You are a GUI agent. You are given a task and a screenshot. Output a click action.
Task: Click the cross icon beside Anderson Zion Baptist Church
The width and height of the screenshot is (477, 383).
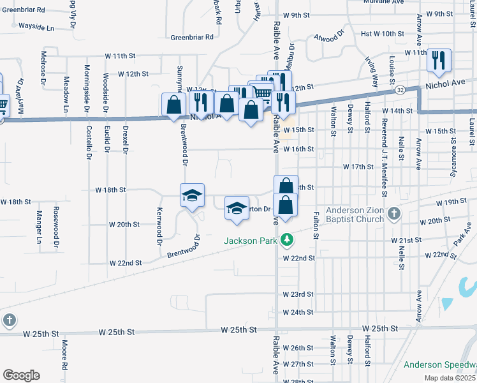[394, 214]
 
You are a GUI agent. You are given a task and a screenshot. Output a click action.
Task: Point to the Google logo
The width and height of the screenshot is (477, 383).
[21, 375]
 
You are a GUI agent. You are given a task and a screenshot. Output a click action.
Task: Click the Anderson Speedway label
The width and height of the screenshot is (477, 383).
[440, 364]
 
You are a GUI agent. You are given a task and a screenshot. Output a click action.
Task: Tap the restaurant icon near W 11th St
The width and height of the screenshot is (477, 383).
[439, 61]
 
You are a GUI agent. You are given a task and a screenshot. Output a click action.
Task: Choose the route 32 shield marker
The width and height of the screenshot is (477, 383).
[399, 91]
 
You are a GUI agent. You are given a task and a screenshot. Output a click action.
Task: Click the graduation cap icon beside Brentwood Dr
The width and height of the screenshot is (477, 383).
[191, 195]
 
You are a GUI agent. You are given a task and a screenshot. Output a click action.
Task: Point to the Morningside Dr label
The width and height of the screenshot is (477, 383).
[87, 87]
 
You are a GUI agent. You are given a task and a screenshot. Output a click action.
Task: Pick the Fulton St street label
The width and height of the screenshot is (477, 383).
[316, 226]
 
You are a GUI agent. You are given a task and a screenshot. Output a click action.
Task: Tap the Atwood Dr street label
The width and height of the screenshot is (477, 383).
[329, 36]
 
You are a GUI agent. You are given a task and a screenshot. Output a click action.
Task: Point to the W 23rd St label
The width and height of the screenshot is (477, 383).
[298, 294]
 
